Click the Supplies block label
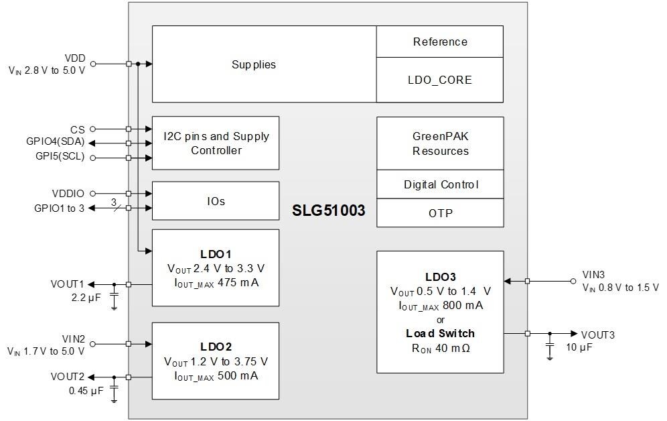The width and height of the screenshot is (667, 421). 254,65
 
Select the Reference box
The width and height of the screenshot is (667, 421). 440,42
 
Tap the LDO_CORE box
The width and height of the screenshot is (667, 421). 440,80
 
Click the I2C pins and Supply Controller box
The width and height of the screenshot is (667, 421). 216,143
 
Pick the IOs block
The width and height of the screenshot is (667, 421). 216,201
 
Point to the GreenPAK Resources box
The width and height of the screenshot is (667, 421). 440,143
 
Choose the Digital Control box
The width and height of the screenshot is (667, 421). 440,184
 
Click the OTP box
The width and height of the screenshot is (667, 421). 440,213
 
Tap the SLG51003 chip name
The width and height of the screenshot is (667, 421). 329,210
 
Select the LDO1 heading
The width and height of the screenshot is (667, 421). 216,255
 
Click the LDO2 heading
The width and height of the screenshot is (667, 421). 216,347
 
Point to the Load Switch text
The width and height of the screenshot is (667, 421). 440,334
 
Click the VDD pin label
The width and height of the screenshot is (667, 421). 74,58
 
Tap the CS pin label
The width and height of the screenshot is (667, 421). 78,129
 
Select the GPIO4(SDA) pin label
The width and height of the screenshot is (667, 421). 56,143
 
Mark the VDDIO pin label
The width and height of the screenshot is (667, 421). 68,194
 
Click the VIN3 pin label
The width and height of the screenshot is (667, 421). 593,275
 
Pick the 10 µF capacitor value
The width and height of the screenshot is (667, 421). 580,347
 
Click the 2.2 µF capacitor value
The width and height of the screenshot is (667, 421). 86,297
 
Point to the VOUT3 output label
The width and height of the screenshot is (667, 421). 597,335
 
